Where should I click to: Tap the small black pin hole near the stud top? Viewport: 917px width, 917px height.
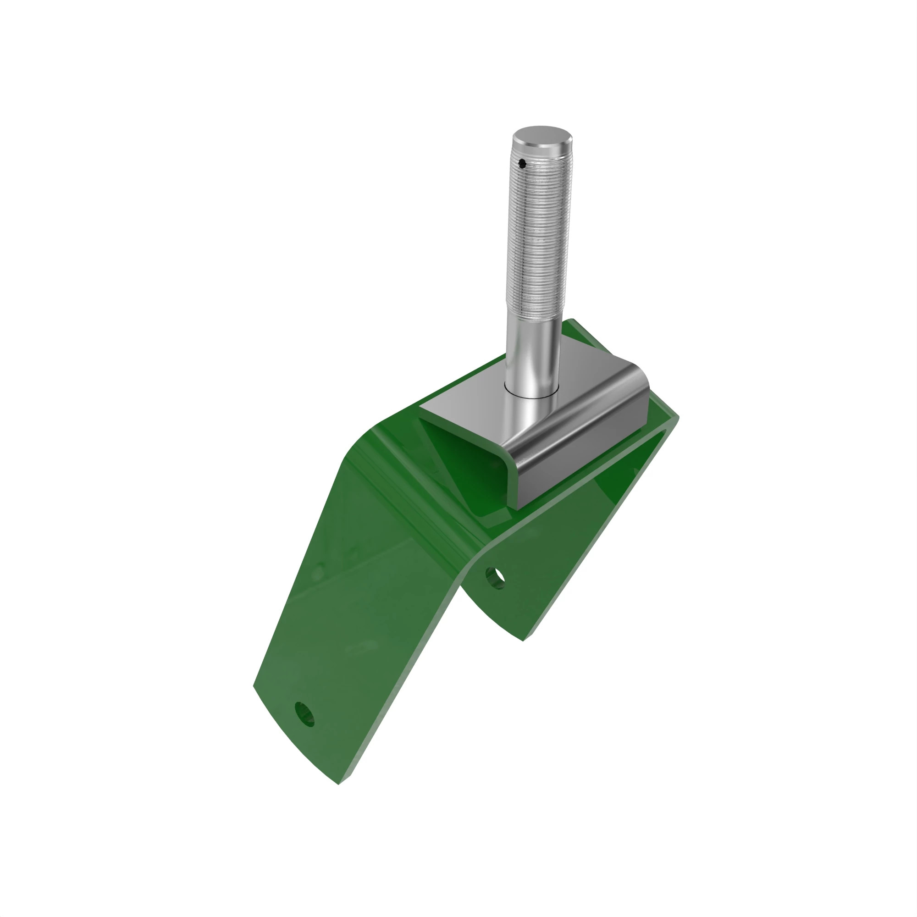point(522,165)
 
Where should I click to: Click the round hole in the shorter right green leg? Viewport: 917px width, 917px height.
point(495,578)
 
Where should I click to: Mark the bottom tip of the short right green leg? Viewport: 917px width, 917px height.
point(523,641)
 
